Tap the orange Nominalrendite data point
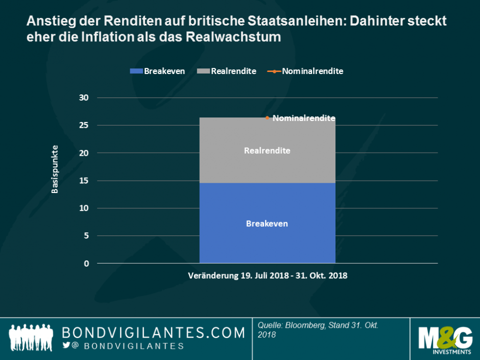[x=267, y=118]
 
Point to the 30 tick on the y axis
[x=85, y=98]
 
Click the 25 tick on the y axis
[x=85, y=125]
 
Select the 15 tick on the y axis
[x=85, y=180]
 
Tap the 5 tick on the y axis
[x=87, y=235]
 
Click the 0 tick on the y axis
[x=87, y=263]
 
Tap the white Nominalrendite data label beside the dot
[x=304, y=118]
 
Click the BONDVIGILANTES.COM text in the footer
[x=153, y=333]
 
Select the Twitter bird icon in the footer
[x=66, y=345]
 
